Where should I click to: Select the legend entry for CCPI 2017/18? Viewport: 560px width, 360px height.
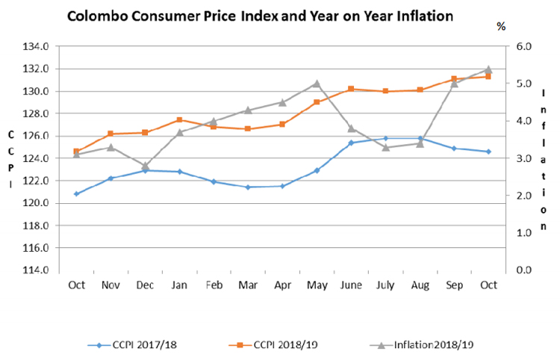click(x=142, y=345)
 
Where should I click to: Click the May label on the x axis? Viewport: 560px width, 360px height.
click(x=317, y=286)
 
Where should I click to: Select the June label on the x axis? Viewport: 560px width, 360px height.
click(x=351, y=286)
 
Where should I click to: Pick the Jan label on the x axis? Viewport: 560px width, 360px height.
click(x=179, y=286)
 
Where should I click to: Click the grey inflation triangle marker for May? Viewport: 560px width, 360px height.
click(x=317, y=84)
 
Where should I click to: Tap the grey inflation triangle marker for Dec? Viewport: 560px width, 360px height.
click(x=145, y=166)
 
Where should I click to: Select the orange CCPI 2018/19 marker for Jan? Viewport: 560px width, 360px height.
click(x=179, y=120)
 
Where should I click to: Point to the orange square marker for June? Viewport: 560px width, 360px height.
click(x=351, y=89)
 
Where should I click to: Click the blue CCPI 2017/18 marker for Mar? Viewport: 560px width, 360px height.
click(x=248, y=187)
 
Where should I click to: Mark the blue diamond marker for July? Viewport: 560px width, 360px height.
click(x=385, y=138)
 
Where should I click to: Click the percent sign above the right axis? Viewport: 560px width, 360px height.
click(x=501, y=26)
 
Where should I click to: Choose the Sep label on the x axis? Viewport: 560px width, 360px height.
click(x=454, y=286)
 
